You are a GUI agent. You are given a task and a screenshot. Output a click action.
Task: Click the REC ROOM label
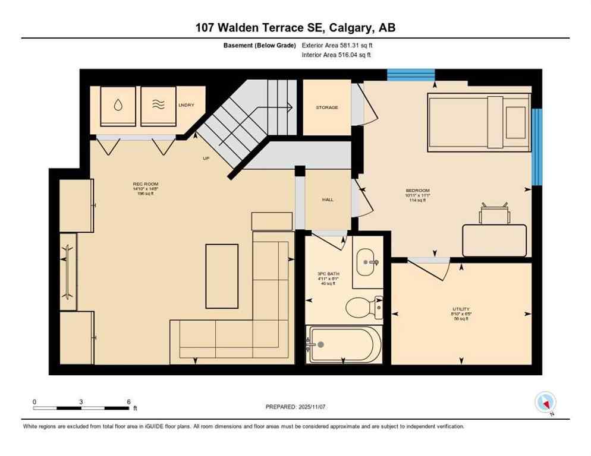[x=146, y=184]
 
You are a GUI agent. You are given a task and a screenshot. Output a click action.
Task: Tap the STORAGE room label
[x=326, y=107]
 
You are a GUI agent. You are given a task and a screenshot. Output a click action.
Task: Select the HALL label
[x=328, y=199]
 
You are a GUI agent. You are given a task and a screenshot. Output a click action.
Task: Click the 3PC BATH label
[x=327, y=274]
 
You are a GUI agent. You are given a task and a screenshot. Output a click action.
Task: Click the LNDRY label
[x=186, y=105]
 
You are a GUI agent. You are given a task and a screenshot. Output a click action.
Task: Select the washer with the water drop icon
[x=118, y=106]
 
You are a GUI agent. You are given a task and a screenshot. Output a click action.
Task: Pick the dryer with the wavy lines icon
[x=158, y=106]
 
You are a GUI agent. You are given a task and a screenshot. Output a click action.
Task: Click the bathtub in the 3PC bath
[x=344, y=344]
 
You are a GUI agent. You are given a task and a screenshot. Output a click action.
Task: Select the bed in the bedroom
[x=479, y=122]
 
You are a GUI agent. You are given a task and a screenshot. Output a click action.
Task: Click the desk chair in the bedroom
[x=495, y=214]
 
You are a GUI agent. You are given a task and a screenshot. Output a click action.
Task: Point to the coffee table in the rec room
[x=222, y=276]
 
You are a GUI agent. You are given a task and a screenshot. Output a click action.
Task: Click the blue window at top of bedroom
[x=411, y=75]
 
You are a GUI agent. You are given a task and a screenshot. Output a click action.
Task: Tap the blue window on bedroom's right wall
[x=537, y=147]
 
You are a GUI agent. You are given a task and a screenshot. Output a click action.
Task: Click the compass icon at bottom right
[x=545, y=403]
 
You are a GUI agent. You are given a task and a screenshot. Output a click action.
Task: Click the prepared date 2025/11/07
[x=296, y=407]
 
